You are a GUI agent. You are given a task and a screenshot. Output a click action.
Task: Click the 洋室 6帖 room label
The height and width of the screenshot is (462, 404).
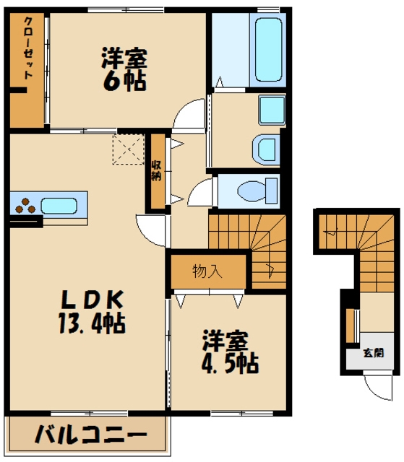[124, 69]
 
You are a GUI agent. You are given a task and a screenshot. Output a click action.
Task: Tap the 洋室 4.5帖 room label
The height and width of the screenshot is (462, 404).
[231, 352]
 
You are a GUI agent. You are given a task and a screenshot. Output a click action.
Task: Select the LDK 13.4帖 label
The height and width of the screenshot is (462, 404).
[92, 312]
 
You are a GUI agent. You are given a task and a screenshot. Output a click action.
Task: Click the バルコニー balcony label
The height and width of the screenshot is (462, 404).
[91, 435]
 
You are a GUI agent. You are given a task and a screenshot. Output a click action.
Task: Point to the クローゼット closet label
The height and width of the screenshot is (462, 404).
[28, 48]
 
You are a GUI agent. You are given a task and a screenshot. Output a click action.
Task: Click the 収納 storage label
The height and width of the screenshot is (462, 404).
[156, 171]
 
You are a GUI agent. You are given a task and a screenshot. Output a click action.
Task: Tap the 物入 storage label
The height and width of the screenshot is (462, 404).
[207, 271]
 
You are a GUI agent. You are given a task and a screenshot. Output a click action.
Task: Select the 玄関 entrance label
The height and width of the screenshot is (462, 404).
[374, 353]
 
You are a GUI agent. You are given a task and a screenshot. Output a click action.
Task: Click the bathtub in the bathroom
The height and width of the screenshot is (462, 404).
[268, 50]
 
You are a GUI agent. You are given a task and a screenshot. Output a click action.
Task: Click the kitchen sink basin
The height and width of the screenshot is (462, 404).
[59, 206]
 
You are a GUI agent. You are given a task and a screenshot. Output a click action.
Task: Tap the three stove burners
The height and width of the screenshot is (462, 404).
[25, 206]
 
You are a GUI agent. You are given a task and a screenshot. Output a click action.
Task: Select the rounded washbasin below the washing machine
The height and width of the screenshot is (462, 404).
[266, 149]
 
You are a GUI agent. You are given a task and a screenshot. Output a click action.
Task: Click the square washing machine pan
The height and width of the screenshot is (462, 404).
[272, 110]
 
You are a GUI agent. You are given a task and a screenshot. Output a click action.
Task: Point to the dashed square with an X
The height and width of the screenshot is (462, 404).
[128, 149]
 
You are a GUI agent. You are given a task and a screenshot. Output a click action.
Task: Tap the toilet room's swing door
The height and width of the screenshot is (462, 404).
[200, 192]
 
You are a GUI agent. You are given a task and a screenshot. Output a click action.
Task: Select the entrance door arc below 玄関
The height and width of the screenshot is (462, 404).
[378, 388]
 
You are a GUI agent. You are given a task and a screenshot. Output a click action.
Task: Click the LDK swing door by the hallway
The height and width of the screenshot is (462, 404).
[151, 230]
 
